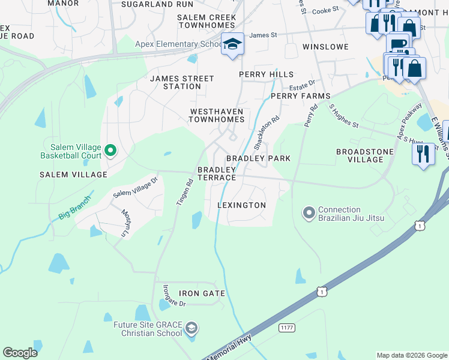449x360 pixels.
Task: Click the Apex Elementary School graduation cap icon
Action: (232, 44)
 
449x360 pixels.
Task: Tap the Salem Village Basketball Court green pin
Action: (110, 151)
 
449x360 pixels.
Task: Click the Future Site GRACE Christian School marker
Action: (191, 328)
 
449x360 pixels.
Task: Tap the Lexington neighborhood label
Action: (241, 205)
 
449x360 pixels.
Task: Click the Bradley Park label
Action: (258, 158)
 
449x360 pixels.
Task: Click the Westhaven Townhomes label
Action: (217, 115)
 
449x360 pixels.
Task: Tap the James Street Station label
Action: (182, 82)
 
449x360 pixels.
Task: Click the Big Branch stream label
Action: (74, 207)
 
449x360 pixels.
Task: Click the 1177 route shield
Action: (286, 328)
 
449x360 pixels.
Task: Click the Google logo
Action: (20, 353)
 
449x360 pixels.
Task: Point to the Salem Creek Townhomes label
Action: (207, 22)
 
